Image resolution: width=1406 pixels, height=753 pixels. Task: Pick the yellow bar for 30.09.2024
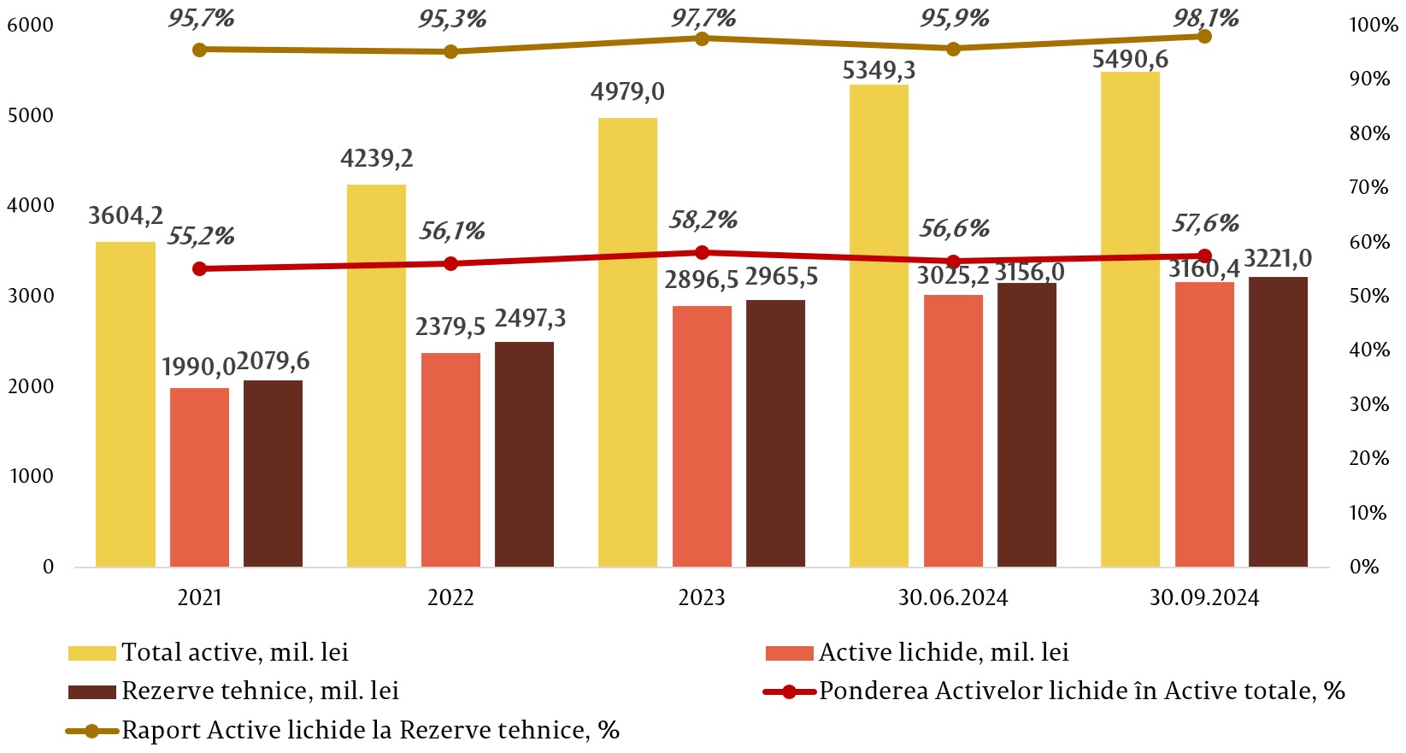[x=1130, y=320]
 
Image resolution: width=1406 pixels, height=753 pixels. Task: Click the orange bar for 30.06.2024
[x=953, y=431]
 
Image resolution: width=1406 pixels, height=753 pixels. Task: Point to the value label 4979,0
[x=627, y=92]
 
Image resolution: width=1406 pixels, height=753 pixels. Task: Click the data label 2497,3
[x=530, y=319]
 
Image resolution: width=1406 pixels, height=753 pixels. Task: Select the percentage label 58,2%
[x=703, y=221]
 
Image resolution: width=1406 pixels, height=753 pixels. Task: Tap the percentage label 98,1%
[x=1205, y=18]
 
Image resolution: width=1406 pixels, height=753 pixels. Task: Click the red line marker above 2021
[x=200, y=269]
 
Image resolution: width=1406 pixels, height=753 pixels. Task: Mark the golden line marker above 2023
[x=702, y=38]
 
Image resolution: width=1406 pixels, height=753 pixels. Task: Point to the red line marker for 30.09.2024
[x=1204, y=256]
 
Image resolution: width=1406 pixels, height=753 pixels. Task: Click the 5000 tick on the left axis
[x=30, y=115]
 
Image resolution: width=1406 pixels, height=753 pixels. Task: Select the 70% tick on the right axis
[x=1368, y=187]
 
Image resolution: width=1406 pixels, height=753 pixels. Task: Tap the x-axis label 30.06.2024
[x=952, y=597]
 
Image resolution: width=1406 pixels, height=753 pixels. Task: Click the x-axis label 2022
[x=450, y=597]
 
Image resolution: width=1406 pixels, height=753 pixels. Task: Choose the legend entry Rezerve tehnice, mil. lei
[x=260, y=691]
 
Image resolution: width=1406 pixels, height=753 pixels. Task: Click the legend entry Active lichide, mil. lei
[x=944, y=653]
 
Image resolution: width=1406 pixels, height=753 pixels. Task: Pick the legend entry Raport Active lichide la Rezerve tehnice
[x=369, y=731]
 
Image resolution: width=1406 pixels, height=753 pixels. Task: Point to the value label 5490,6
[x=1130, y=60]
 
